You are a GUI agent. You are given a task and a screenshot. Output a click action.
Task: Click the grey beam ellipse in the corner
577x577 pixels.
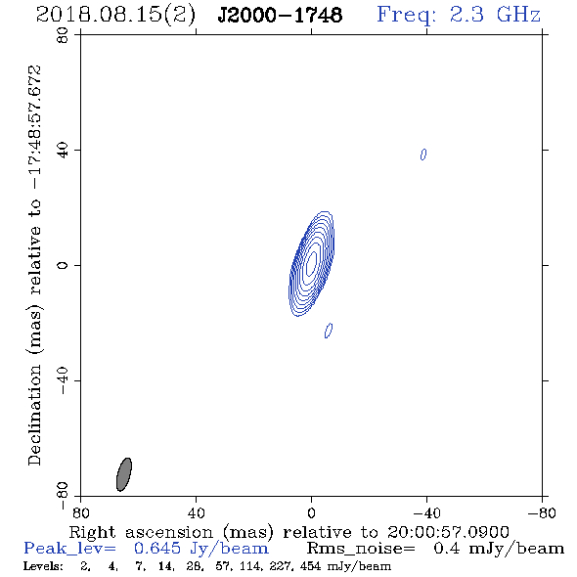pyautogui.click(x=124, y=474)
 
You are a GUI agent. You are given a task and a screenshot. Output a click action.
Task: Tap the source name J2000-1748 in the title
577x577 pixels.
pyautogui.click(x=280, y=15)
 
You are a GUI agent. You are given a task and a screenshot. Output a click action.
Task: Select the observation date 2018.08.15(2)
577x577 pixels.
pyautogui.click(x=115, y=16)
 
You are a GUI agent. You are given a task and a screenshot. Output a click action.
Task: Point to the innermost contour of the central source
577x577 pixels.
pyautogui.click(x=311, y=263)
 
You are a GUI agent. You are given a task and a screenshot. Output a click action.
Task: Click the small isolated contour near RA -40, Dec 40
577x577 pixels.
pyautogui.click(x=423, y=155)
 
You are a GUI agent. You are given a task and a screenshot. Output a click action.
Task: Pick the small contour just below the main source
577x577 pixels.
pyautogui.click(x=329, y=331)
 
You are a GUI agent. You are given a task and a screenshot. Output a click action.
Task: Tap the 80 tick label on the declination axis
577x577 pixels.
pyautogui.click(x=63, y=35)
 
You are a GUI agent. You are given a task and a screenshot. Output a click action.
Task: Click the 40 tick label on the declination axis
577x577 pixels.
pyautogui.click(x=63, y=151)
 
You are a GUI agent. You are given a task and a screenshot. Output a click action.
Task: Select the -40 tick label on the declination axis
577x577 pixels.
pyautogui.click(x=63, y=380)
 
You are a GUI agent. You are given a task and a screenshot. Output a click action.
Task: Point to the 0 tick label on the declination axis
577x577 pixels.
pyautogui.click(x=63, y=265)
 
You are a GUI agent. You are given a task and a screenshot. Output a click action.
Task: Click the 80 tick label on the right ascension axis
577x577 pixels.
pyautogui.click(x=80, y=512)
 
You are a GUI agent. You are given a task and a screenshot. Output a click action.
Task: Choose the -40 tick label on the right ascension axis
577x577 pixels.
pyautogui.click(x=426, y=512)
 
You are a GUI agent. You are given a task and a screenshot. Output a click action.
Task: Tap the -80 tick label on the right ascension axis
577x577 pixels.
pyautogui.click(x=542, y=512)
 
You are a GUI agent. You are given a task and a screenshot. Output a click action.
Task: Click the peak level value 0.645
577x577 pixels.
pyautogui.click(x=157, y=549)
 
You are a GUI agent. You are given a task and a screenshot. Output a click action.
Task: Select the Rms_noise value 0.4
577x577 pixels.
pyautogui.click(x=446, y=549)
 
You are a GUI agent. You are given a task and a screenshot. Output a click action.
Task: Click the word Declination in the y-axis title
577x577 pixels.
pyautogui.click(x=34, y=415)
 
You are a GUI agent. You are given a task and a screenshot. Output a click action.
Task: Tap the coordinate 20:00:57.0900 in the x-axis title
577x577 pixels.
pyautogui.click(x=448, y=532)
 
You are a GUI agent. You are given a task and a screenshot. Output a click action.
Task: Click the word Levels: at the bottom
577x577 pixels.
pyautogui.click(x=43, y=566)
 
